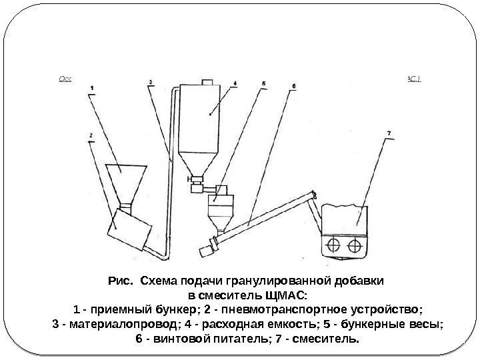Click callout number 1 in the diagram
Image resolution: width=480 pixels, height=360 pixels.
click(x=91, y=87)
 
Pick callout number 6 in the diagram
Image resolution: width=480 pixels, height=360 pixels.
click(x=294, y=86)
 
